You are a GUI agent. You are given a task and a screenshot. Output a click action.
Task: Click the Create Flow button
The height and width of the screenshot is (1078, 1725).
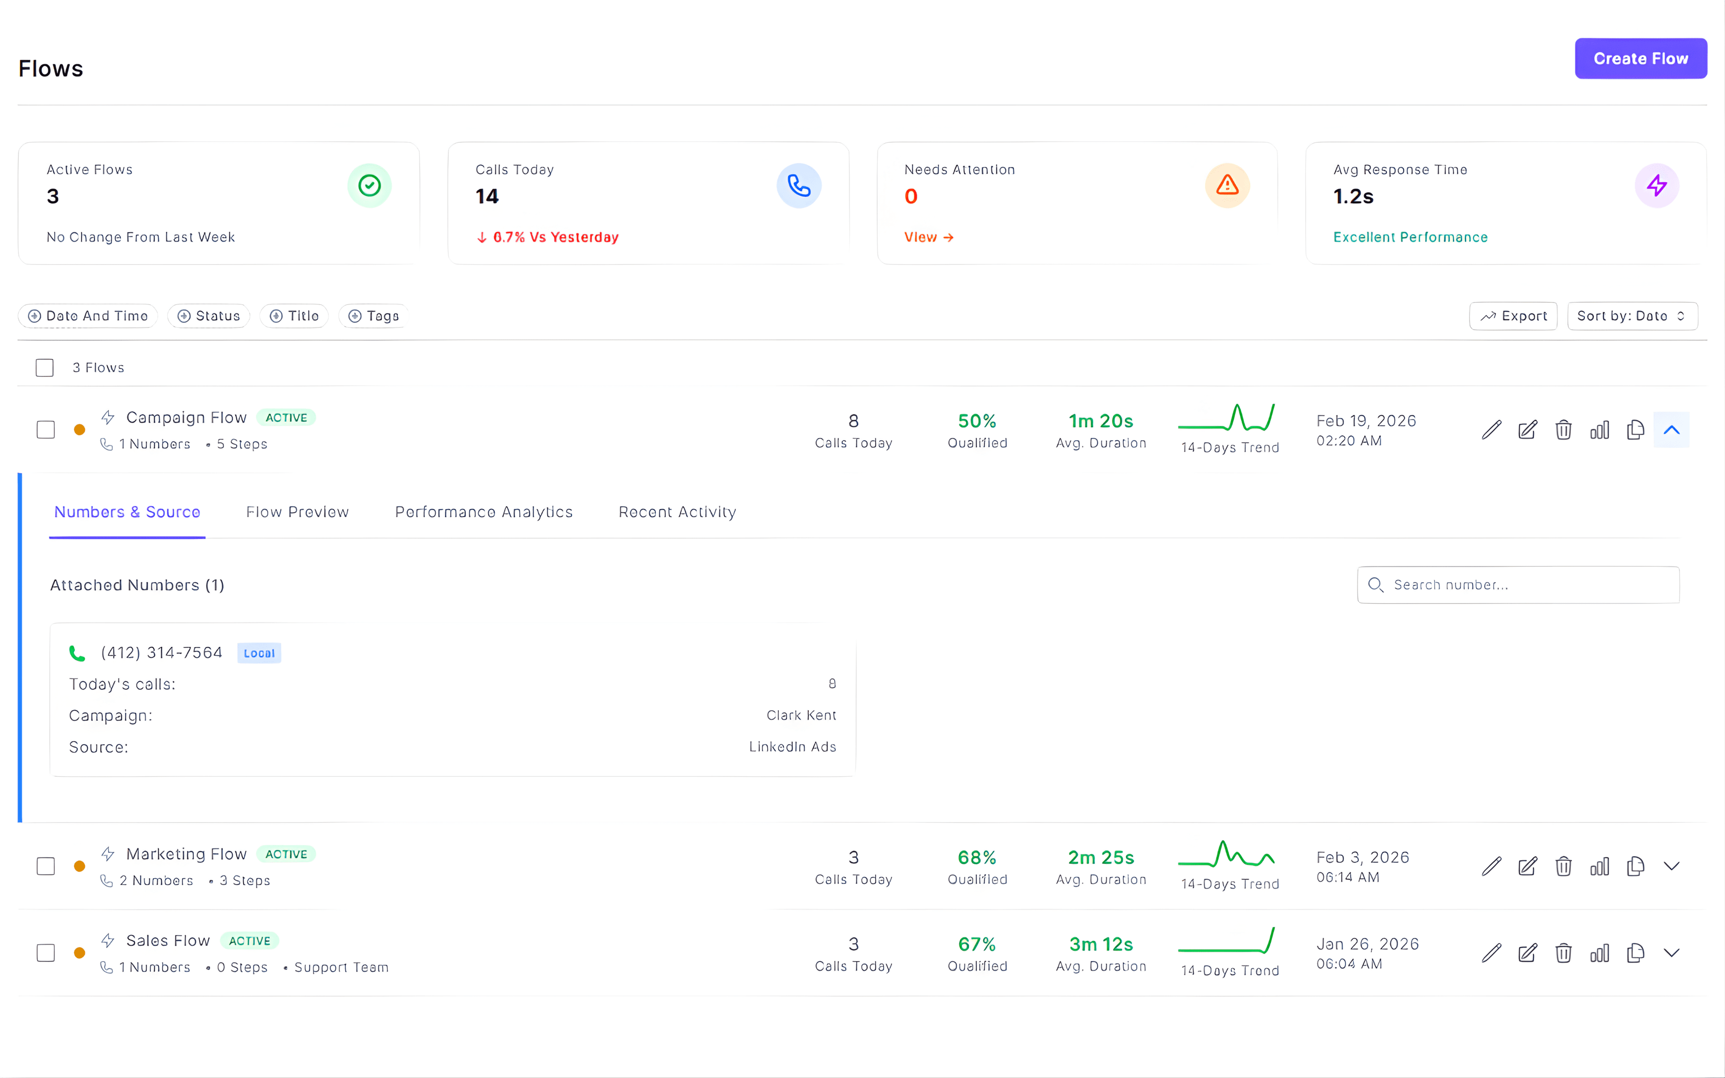coord(1640,58)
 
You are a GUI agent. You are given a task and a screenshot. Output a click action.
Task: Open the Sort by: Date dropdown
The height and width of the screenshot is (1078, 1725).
coord(1632,316)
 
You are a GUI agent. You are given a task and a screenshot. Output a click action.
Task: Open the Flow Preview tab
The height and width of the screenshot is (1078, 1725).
coord(297,512)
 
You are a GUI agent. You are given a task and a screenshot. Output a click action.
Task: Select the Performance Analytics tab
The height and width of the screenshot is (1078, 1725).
coord(483,512)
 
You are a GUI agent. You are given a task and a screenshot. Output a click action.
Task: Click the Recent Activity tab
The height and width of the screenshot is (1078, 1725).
coord(677,512)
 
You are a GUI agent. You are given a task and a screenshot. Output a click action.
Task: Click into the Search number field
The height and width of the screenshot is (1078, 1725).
coord(1526,585)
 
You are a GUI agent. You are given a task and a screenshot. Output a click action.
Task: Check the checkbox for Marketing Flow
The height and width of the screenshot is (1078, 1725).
coord(46,866)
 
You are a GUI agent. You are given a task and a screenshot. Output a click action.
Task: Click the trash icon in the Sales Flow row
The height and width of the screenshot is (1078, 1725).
coord(1563,953)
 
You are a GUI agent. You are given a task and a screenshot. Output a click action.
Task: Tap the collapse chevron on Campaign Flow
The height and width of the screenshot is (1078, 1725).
coord(1671,430)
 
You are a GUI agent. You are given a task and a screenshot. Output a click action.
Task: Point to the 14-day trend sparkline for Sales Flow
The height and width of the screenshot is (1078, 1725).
coord(1226,941)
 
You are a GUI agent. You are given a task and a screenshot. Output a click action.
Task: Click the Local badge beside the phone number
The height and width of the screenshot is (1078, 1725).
coord(259,653)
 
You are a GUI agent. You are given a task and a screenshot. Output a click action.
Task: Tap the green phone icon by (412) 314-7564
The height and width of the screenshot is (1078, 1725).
coord(77,653)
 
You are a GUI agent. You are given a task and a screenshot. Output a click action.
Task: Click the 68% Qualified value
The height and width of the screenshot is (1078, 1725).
coord(977,858)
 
